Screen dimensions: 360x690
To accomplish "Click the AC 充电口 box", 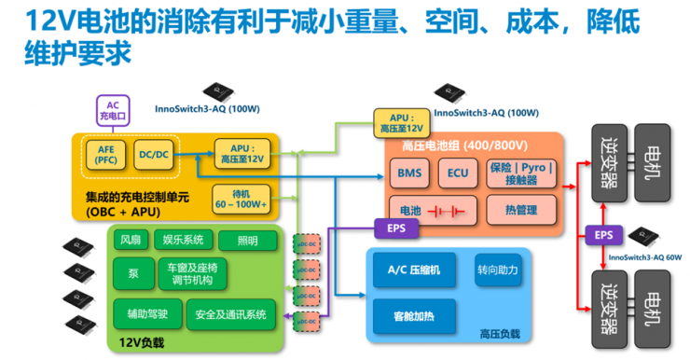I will [x=111, y=111].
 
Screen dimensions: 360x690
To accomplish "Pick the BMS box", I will [x=409, y=173].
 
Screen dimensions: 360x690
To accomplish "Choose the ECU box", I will [x=457, y=173].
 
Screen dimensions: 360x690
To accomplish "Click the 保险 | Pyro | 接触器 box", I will [x=520, y=173].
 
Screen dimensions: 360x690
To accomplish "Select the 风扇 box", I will [x=131, y=239].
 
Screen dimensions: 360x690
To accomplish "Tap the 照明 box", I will [x=247, y=239].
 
